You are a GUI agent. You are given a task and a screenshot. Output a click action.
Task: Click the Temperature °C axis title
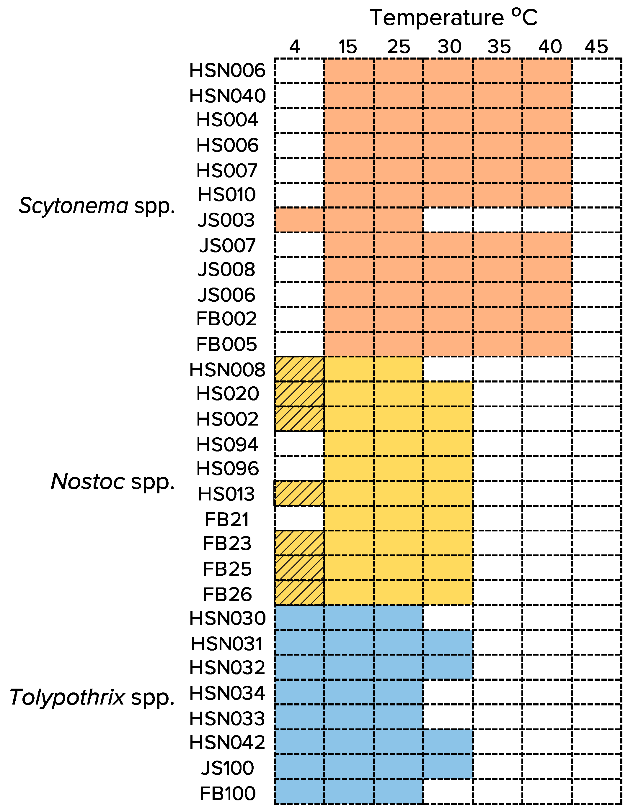[453, 17]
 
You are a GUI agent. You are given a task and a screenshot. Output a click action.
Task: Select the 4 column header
[294, 47]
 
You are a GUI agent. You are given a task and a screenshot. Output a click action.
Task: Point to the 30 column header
[449, 47]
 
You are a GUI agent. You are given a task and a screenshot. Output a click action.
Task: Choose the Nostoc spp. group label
[112, 482]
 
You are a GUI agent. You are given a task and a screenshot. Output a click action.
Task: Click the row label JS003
[226, 220]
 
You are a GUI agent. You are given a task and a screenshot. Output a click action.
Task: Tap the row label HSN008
[227, 370]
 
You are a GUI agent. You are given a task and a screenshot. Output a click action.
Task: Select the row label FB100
[227, 794]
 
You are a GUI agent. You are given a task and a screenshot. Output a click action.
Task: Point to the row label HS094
[227, 444]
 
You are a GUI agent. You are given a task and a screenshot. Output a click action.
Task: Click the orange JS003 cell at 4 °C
[299, 220]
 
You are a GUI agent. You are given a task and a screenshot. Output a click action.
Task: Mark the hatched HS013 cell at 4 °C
[299, 493]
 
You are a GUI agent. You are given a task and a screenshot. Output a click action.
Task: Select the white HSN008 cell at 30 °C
[448, 369]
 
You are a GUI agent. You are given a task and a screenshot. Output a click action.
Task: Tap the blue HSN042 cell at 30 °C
[448, 742]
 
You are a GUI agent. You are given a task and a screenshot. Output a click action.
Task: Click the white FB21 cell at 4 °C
[299, 518]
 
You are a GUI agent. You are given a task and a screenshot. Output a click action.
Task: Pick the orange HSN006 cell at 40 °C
[547, 70]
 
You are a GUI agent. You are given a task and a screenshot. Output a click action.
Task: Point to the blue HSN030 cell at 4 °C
[299, 618]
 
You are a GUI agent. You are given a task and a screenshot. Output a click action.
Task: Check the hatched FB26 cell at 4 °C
[299, 593]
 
